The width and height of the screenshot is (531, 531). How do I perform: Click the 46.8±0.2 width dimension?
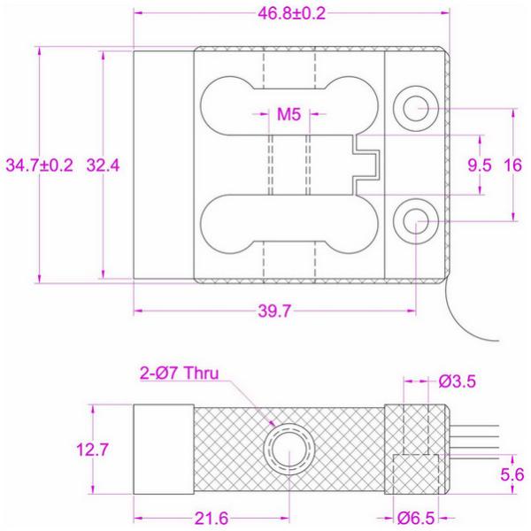[x=289, y=15]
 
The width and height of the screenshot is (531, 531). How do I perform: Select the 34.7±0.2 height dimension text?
[x=39, y=165]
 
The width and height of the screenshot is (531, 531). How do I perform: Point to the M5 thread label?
[x=289, y=114]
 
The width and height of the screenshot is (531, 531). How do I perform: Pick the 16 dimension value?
[x=512, y=165]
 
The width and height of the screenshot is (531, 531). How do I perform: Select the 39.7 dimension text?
[x=274, y=311]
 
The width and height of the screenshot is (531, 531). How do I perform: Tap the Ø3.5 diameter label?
[x=460, y=381]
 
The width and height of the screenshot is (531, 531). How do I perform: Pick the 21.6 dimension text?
[x=211, y=515]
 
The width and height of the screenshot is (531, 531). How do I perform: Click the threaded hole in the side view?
[x=287, y=450]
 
